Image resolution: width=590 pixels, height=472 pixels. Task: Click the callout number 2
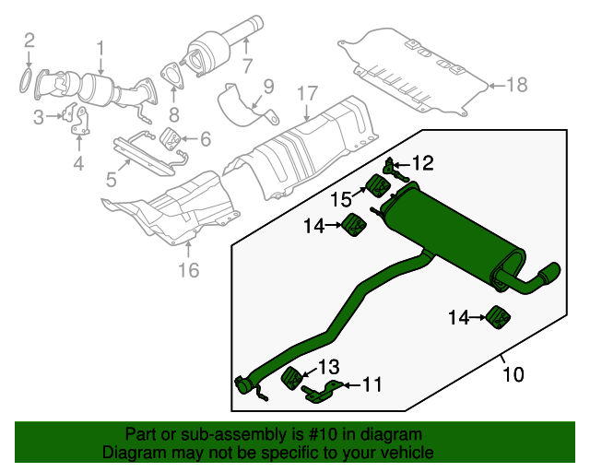click(x=29, y=40)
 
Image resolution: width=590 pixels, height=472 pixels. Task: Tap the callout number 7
click(x=246, y=65)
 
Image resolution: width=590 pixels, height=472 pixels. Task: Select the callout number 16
click(x=188, y=270)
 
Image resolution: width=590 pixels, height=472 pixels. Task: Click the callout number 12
click(x=422, y=163)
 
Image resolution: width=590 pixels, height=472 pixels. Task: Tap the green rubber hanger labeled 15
click(x=378, y=186)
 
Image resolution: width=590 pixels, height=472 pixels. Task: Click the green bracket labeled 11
click(x=318, y=394)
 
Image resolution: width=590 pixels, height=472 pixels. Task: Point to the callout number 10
click(x=513, y=375)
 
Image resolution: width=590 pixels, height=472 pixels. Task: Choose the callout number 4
click(x=78, y=164)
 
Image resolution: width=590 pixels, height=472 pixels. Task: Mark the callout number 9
click(x=269, y=87)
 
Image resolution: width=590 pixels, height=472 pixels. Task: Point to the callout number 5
click(x=111, y=177)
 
